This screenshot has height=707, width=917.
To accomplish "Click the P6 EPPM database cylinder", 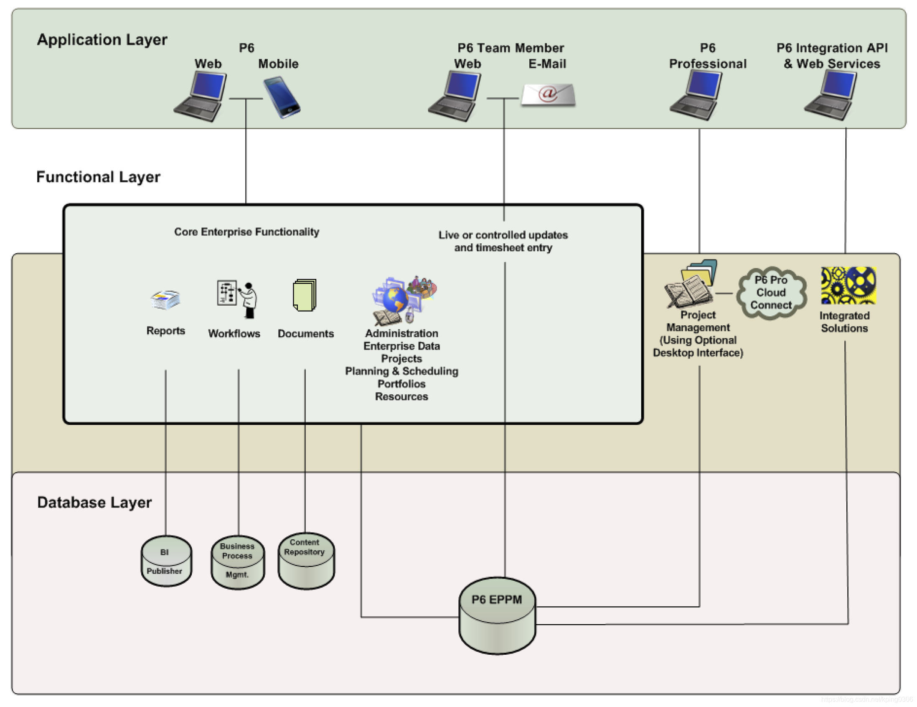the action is pyautogui.click(x=497, y=616).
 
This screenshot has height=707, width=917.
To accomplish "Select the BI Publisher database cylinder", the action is pyautogui.click(x=166, y=561).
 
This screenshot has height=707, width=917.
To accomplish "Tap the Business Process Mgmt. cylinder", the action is pyautogui.click(x=238, y=562).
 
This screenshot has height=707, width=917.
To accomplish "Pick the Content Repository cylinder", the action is pyautogui.click(x=306, y=561).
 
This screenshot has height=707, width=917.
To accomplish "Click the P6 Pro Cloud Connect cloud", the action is pyautogui.click(x=771, y=293).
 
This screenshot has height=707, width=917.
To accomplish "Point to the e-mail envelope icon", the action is pyautogui.click(x=549, y=94).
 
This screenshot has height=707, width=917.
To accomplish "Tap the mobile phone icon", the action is pyautogui.click(x=281, y=97).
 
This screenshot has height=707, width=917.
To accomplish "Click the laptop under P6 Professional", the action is pyautogui.click(x=696, y=96).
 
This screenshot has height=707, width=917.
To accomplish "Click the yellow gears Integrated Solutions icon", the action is pyautogui.click(x=848, y=286).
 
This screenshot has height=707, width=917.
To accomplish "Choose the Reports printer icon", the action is pyautogui.click(x=165, y=300).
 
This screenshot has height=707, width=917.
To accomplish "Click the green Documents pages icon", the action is pyautogui.click(x=305, y=295).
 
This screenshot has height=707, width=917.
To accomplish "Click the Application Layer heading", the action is pyautogui.click(x=102, y=40).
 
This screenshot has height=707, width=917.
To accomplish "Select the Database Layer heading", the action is pyautogui.click(x=94, y=503).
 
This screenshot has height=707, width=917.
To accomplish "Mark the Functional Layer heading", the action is pyautogui.click(x=98, y=177).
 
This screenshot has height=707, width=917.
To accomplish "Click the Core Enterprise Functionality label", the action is pyautogui.click(x=247, y=232).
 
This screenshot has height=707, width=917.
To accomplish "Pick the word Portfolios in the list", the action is pyautogui.click(x=401, y=384).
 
